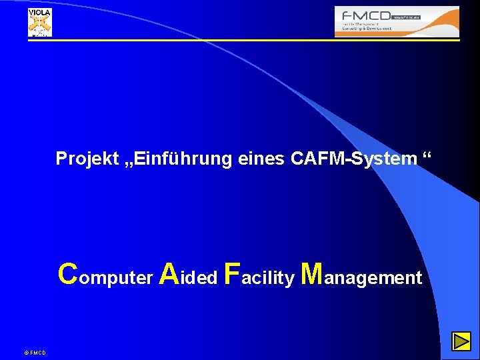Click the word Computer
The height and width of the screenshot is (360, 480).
[105, 275]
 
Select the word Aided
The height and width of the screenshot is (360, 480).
[189, 275]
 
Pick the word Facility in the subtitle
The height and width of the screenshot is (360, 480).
[260, 275]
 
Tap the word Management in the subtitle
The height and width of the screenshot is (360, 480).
[362, 275]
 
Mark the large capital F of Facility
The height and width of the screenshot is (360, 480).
[232, 274]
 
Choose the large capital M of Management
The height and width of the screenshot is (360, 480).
[312, 274]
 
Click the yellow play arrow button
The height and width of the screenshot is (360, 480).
[461, 343]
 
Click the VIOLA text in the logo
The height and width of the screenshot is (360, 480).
[39, 13]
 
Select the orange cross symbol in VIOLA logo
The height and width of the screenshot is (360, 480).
[39, 25]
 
